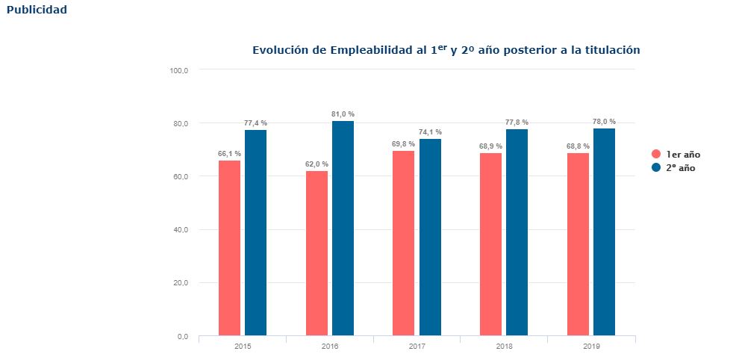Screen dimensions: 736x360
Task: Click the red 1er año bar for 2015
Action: pos(229,248)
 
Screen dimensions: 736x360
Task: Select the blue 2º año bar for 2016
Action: pos(343,229)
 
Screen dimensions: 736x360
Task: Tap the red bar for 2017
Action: pos(404,243)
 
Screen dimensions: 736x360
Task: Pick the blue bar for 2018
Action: pos(517,233)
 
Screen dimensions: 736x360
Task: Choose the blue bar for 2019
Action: pos(604,232)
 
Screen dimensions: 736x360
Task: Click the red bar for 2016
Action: pos(316,253)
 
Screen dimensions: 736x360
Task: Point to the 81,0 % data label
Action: pos(343,114)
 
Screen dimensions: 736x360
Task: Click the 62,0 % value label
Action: pos(316,164)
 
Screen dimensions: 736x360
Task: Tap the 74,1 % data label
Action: pos(430,132)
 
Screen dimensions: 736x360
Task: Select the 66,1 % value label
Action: pos(229,153)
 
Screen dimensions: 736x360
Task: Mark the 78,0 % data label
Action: pos(604,122)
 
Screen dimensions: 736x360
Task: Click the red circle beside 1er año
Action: pos(656,155)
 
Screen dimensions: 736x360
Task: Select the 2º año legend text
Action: pos(681,168)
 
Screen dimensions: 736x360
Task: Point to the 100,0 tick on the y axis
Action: pos(179,70)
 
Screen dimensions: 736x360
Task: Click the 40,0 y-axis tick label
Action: pos(181,230)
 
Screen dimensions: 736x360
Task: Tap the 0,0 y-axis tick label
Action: pos(183,337)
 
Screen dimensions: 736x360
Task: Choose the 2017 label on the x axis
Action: pos(417,347)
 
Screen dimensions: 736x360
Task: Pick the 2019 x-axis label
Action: pos(591,347)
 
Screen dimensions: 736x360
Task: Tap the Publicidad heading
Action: pos(37,10)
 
